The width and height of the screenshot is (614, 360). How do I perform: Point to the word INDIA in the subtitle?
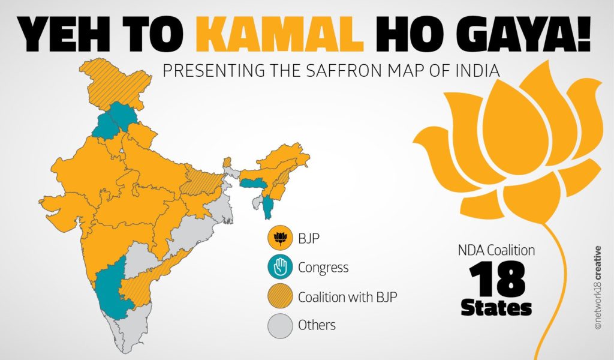point(477,70)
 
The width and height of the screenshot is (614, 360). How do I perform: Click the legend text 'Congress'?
point(323,268)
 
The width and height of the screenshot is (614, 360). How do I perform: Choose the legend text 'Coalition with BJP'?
point(346,296)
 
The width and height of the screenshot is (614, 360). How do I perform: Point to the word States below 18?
point(496,308)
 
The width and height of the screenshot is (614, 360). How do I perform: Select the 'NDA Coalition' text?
point(496,251)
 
